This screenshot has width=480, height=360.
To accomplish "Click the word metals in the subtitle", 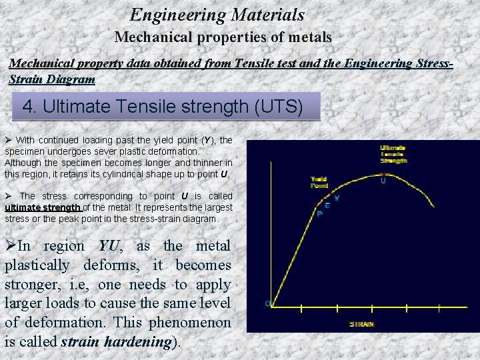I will point(309,37).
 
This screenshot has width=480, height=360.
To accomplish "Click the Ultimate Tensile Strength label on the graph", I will point(393,155).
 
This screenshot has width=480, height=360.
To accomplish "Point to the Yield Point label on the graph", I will point(319,183).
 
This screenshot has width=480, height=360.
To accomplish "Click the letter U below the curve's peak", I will point(383,180).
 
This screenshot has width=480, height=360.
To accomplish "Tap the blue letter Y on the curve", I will point(336,198).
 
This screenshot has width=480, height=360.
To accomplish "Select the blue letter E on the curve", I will point(327,205).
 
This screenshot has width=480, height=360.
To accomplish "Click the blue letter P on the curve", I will point(319,213).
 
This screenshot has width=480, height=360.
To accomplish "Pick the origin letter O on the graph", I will point(267,304).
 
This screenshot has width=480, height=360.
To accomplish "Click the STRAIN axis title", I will point(362,324).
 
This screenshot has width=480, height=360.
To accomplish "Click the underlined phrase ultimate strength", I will point(43,207).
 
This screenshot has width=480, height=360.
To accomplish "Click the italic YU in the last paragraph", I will point(108,246).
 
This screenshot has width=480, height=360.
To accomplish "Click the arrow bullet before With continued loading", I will point(8,140).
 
